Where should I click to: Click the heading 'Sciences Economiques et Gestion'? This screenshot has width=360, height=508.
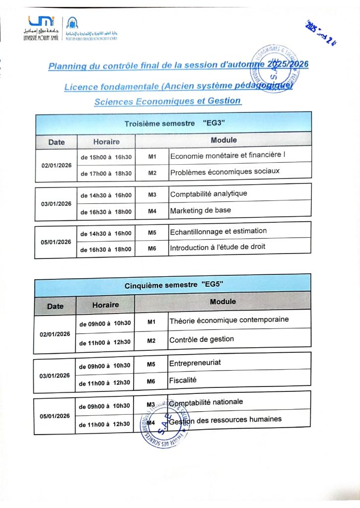coord(167,101)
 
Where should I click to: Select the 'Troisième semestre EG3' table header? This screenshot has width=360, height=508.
coord(173,123)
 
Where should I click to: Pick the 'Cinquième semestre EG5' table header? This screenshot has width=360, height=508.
coord(173,284)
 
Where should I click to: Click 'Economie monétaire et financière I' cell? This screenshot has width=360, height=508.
coord(228,156)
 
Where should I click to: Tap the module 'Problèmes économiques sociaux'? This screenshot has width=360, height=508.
coord(224,172)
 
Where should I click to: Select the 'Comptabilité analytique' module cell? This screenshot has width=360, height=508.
coord(209,194)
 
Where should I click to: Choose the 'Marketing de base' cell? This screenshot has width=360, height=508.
coord(200,210)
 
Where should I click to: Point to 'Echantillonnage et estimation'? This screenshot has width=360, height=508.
coord(218,231)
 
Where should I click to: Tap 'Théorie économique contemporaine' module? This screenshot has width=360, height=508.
coord(229,320)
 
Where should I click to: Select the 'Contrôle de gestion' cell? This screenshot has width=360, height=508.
coord(202,340)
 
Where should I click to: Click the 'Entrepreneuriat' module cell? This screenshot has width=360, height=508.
coord(195,363)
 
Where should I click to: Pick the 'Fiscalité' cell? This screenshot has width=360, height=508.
coord(183,380)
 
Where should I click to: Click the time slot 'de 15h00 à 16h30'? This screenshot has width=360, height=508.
coord(106,157)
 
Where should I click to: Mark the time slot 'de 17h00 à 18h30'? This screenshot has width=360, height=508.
coord(106,173)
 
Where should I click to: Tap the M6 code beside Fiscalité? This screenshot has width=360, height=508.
coord(151,381)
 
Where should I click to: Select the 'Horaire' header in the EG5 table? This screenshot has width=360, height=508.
coord(105,305)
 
